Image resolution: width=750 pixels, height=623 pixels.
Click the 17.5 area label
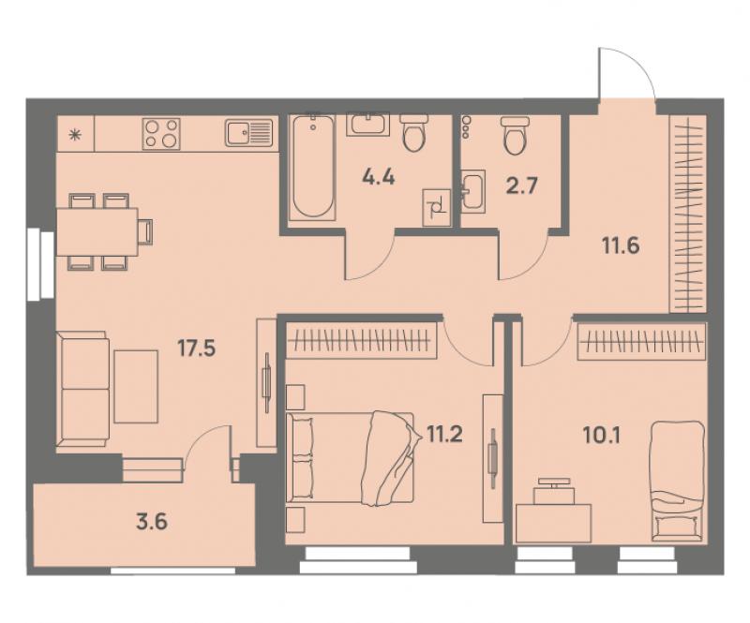coord(197,349)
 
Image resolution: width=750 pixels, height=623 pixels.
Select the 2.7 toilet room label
coord(522,185)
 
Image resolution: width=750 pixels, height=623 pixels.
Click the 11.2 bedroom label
coord(442,435)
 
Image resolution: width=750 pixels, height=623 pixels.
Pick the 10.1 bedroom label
coord(602,435)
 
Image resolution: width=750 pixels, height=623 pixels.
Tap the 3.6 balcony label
coord(152,522)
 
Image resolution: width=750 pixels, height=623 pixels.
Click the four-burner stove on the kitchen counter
coord(161,132)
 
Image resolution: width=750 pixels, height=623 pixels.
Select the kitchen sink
coord(249,132)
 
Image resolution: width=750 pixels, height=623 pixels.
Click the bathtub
coord(313,167)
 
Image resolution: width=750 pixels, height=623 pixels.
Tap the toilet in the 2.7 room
coord(514,136)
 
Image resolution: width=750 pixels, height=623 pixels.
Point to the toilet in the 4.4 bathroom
coord(412,133)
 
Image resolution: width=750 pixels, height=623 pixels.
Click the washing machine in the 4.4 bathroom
coord(437,207)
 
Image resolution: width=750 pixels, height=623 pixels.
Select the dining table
coord(97,231)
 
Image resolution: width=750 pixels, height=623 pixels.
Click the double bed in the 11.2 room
coord(350,457)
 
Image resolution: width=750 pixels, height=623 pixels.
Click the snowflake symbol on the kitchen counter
coord(75,134)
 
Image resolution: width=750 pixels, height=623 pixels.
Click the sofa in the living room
coord(82,389)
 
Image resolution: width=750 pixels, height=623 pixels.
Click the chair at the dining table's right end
coord(146,231)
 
